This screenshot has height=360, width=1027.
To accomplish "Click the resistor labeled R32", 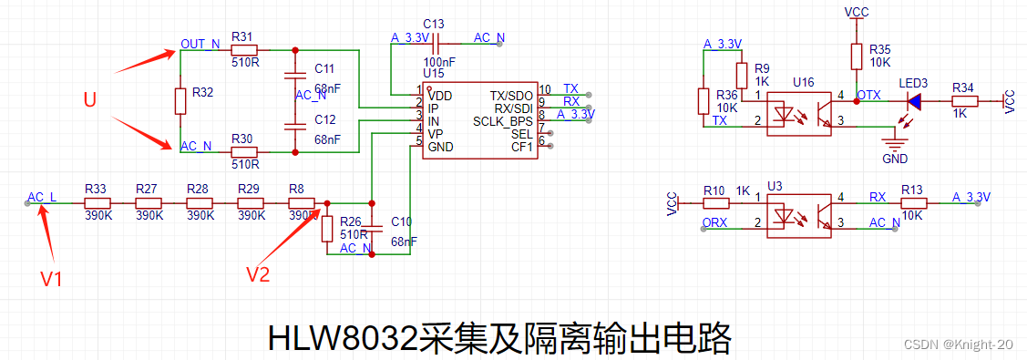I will click(x=180, y=100).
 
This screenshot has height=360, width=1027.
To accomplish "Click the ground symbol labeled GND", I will click(x=895, y=144).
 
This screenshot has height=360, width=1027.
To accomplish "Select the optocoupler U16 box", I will click(x=798, y=112).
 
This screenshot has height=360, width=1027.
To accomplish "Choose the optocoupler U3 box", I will click(x=798, y=212).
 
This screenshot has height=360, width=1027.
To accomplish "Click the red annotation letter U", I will click(x=89, y=100).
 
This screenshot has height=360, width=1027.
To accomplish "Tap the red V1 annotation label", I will click(x=52, y=278).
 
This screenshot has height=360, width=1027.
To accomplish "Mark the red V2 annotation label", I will click(x=259, y=273).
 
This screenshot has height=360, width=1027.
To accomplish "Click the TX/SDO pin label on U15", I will click(x=511, y=96).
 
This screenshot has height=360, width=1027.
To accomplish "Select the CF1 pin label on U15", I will click(x=521, y=147).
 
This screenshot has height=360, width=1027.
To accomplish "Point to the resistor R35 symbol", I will click(x=856, y=57).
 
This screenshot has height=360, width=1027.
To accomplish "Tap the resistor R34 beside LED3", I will click(x=963, y=100).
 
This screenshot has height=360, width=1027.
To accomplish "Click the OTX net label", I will click(x=868, y=94).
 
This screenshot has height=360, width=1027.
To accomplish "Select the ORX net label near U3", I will click(x=715, y=222).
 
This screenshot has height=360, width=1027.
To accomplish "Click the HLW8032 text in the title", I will click(x=343, y=339).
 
